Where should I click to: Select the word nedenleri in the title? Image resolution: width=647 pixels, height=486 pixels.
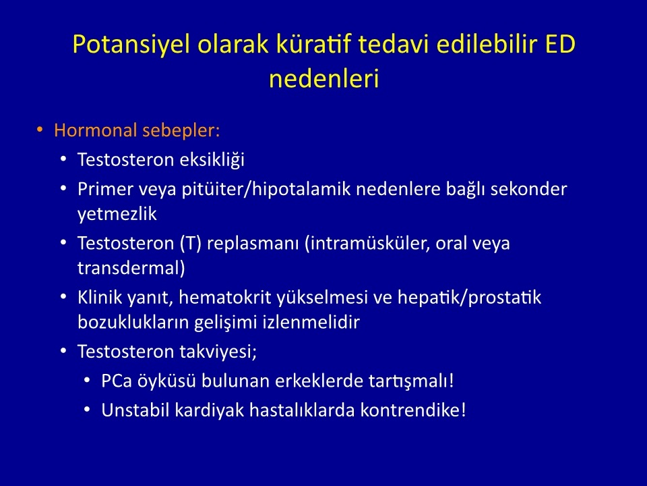pos(324,78)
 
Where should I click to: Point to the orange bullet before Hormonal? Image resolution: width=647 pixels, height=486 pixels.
pos(40,130)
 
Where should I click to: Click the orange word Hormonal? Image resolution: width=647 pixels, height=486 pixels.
pos(95,130)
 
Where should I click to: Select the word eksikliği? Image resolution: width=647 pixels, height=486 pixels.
pos(212,160)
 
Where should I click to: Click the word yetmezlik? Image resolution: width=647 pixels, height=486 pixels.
pos(117,214)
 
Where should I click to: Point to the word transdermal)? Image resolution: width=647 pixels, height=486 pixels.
pos(131,268)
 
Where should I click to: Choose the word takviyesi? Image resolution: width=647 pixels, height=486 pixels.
pos(218,352)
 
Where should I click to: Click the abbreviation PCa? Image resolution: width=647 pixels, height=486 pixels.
pos(117,381)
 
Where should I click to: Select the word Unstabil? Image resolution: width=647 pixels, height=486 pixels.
pos(135,410)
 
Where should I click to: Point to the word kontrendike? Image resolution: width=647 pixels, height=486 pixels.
pos(413,410)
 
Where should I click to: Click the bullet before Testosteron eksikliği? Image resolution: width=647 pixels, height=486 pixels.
pos(63,159)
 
